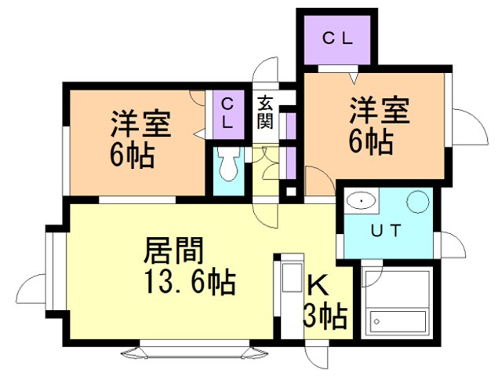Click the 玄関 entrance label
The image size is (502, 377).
(265, 112)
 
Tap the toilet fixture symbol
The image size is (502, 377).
(228, 164)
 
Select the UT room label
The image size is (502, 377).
(386, 230)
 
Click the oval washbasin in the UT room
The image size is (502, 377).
(362, 201)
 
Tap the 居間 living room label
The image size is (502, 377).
(173, 251)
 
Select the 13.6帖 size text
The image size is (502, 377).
(190, 282)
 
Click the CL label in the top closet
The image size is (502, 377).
(337, 39)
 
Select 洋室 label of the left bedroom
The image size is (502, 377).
(141, 124)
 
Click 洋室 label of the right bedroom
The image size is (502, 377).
(380, 110)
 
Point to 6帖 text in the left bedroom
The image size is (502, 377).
(133, 156)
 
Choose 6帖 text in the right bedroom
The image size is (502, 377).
(371, 141)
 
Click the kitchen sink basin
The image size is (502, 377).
(292, 277)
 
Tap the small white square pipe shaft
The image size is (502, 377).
(291, 192)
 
